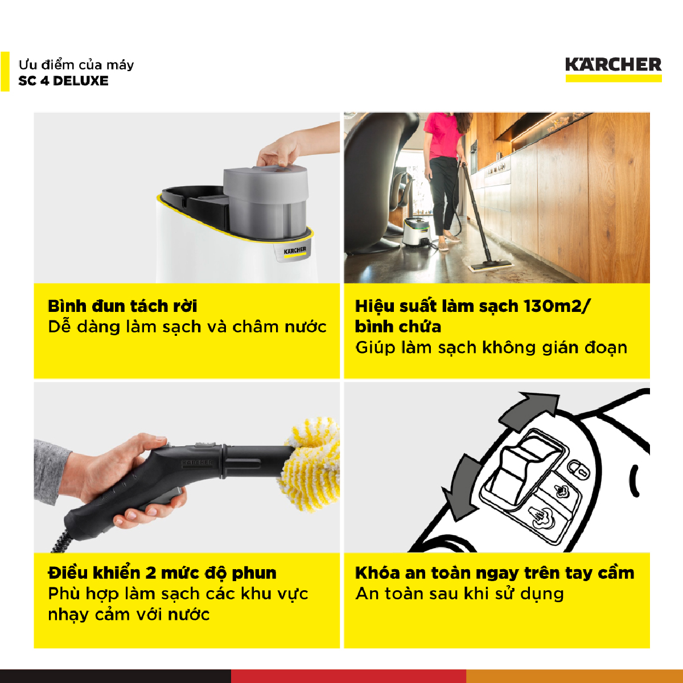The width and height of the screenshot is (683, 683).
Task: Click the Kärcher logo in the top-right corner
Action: pos(613,69)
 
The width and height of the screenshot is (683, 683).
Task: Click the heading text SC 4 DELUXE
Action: pos(63,81)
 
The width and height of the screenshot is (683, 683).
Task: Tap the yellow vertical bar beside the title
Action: pos(5,72)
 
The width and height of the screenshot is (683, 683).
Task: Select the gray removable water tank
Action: pos(265,200)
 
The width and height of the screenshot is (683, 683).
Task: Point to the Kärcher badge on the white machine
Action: pos(294,251)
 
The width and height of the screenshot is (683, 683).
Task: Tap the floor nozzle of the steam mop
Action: pos(490,265)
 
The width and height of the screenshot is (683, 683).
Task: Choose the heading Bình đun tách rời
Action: pos(122,306)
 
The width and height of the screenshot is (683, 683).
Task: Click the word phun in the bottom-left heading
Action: pos(254,574)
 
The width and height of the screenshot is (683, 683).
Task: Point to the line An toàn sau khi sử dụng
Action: pos(459,594)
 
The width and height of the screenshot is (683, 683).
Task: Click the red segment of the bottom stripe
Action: pos(348,676)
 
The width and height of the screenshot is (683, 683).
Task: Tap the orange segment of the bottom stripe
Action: pos(574,676)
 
